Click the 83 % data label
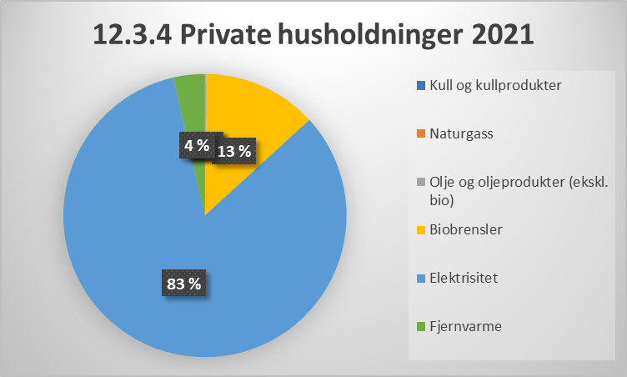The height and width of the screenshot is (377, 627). (183, 284)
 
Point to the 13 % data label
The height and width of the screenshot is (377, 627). (234, 151)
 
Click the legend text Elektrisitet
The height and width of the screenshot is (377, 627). (464, 278)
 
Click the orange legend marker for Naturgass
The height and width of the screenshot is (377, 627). (420, 133)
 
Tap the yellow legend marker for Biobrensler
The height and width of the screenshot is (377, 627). (420, 229)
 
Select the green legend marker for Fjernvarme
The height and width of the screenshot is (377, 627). (420, 326)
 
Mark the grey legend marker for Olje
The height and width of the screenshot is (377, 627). (420, 182)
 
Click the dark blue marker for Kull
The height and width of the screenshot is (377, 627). (420, 85)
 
